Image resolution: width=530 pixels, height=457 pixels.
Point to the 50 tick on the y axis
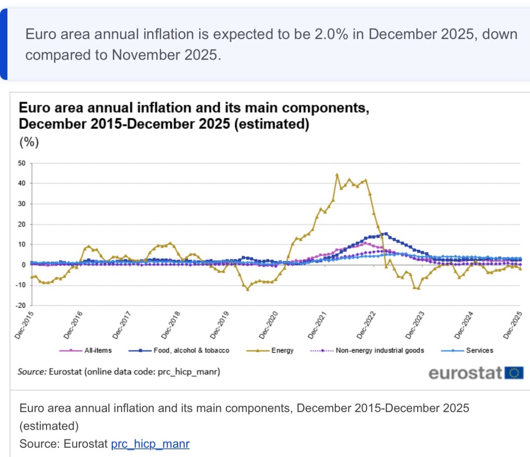(22, 163)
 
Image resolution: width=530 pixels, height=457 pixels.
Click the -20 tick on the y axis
(21, 305)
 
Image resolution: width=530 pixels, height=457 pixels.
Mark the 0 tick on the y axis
(24, 265)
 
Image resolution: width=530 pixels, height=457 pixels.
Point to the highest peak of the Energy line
(337, 175)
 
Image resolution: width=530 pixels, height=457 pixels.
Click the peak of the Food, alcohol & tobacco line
(386, 234)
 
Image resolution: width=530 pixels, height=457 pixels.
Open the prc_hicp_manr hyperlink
(150, 444)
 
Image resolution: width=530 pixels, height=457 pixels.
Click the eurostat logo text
(465, 373)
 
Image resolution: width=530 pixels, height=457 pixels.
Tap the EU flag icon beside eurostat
(514, 373)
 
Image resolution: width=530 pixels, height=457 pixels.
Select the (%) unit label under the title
(29, 142)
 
